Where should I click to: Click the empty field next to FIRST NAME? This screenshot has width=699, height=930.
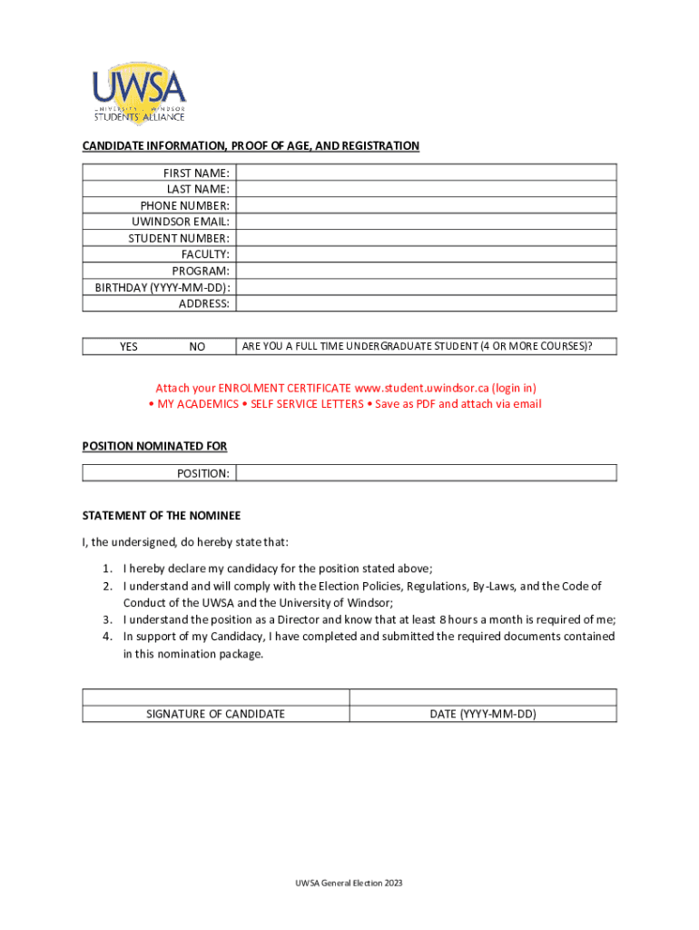pyautogui.click(x=426, y=173)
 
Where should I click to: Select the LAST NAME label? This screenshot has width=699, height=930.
pyautogui.click(x=197, y=189)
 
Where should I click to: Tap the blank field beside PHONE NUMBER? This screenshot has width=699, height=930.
pyautogui.click(x=426, y=205)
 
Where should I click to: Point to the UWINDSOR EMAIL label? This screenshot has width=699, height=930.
pyautogui.click(x=180, y=222)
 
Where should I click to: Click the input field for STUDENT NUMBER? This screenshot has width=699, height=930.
pyautogui.click(x=426, y=238)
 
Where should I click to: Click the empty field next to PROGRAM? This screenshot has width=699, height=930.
pyautogui.click(x=426, y=271)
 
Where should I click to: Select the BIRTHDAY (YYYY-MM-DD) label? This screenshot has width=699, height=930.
pyautogui.click(x=162, y=288)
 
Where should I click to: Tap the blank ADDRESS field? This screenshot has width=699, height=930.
pyautogui.click(x=426, y=304)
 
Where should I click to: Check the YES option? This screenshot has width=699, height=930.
pyautogui.click(x=129, y=347)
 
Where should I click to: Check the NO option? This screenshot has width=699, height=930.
pyautogui.click(x=197, y=347)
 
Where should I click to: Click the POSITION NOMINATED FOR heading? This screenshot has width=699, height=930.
pyautogui.click(x=154, y=446)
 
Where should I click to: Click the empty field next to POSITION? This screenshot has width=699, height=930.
pyautogui.click(x=426, y=473)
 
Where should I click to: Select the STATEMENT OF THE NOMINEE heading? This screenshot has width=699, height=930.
pyautogui.click(x=162, y=516)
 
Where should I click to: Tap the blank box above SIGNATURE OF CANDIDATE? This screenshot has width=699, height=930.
pyautogui.click(x=216, y=697)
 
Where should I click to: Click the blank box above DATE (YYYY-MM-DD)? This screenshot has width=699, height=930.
pyautogui.click(x=483, y=697)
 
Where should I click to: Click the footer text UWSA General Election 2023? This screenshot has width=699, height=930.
pyautogui.click(x=349, y=883)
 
